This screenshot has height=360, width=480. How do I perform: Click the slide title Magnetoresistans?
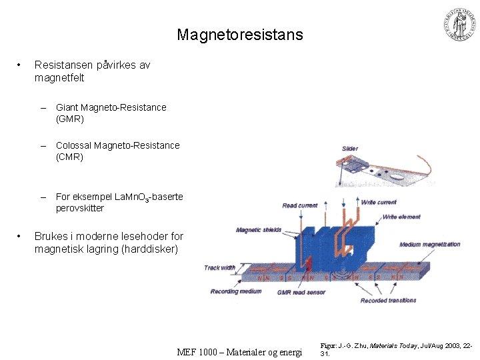[x=240, y=35]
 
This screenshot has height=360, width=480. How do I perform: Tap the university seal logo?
[x=461, y=25]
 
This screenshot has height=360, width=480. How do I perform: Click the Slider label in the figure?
[x=350, y=148]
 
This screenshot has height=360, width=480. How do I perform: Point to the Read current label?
[x=300, y=205]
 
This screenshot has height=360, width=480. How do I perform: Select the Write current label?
[x=379, y=202]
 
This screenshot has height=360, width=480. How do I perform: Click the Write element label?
[x=401, y=217]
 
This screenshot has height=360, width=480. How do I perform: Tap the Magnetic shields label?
[x=259, y=230]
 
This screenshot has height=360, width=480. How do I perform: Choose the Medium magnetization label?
[x=430, y=244]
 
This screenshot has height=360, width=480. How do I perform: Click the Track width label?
[x=220, y=268]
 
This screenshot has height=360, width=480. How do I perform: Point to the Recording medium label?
[x=236, y=291]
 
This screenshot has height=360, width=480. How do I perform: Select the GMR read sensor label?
[x=301, y=292]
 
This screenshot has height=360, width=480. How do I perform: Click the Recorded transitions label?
[x=389, y=300]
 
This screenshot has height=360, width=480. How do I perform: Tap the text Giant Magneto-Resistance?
[x=111, y=107]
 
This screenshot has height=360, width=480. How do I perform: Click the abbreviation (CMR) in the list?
[x=70, y=157]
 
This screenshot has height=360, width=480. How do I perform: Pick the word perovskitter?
[x=80, y=208]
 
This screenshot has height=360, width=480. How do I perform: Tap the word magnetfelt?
[x=59, y=78]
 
